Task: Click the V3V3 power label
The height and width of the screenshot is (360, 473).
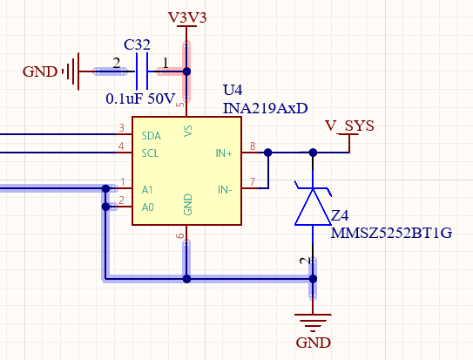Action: tap(187, 17)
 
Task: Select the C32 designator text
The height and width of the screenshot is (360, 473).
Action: tap(137, 44)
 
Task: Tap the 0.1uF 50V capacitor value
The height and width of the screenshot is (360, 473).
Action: tap(140, 98)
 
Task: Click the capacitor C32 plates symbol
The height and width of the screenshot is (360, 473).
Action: tap(142, 71)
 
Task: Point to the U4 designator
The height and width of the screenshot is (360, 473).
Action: tap(233, 90)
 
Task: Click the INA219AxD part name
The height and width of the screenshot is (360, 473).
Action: tap(265, 108)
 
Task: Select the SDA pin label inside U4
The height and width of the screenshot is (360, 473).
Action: tap(151, 136)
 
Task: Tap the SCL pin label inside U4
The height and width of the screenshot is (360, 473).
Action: tap(150, 153)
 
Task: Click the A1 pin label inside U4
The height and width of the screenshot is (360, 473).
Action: tap(147, 190)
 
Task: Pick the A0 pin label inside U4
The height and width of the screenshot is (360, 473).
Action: tap(147, 207)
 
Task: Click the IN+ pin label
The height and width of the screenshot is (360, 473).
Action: tap(224, 153)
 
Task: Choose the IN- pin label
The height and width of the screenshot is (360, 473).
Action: tap(225, 190)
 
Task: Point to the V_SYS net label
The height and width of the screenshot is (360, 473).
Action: tap(349, 125)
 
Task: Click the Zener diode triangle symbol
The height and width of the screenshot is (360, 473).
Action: tap(313, 207)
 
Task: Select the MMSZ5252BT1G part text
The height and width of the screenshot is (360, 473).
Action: tap(391, 233)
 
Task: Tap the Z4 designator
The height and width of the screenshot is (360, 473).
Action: tap(340, 215)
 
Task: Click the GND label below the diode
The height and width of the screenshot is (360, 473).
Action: tap(313, 343)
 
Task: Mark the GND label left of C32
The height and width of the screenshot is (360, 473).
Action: tap(40, 71)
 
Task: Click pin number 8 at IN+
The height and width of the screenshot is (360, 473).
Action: tap(253, 146)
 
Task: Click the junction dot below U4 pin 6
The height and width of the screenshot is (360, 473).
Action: tap(186, 279)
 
